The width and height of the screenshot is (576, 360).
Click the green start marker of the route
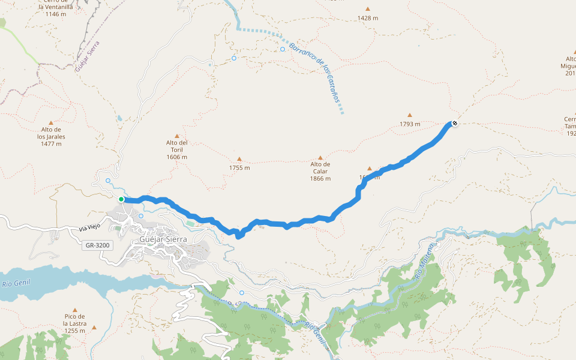(121, 199)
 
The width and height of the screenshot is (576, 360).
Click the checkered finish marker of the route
(455, 124)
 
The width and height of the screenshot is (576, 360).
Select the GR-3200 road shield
(97, 245)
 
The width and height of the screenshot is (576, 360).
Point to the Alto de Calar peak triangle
(320, 157)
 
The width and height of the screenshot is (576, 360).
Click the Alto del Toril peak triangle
(177, 136)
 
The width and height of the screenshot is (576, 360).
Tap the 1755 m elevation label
(239, 168)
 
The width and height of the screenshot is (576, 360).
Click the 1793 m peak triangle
(410, 115)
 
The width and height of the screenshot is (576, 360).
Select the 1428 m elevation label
(368, 18)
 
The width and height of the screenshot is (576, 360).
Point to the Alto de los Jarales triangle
(51, 122)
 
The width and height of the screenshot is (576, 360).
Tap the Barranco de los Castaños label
(314, 71)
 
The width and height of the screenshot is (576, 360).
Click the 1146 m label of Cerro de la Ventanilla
(56, 14)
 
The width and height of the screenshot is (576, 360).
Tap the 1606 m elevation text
(177, 157)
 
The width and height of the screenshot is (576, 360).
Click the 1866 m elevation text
(320, 179)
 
